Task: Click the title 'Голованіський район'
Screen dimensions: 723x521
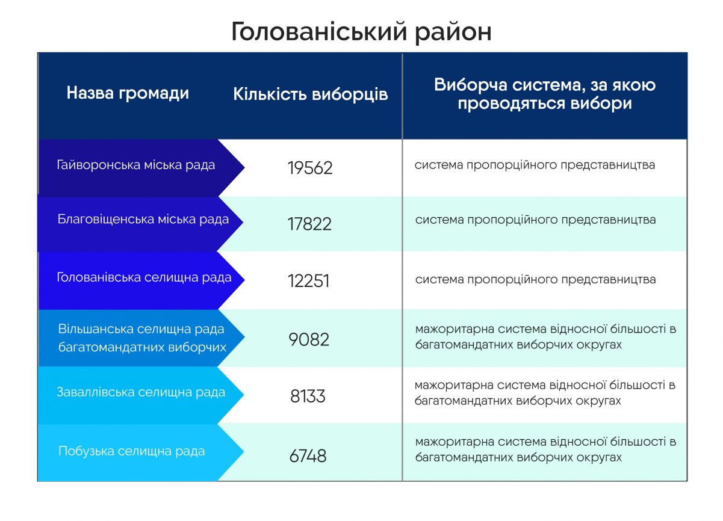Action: click(x=361, y=32)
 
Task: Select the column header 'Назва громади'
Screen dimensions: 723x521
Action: click(x=128, y=94)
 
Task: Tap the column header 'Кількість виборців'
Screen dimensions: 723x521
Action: click(x=310, y=94)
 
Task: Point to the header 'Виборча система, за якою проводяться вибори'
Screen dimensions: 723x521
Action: click(x=545, y=94)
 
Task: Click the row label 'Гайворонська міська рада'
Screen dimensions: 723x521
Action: click(x=136, y=165)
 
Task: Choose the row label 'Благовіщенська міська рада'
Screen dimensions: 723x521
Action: click(x=143, y=220)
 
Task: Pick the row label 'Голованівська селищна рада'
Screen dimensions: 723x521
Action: click(x=144, y=277)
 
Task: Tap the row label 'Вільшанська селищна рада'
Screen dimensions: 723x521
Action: click(x=141, y=329)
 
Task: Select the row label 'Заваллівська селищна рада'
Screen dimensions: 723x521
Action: click(x=141, y=392)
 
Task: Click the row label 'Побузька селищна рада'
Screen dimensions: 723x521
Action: click(x=131, y=451)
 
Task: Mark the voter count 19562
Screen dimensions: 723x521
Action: click(x=310, y=168)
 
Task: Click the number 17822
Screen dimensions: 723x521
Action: click(x=309, y=224)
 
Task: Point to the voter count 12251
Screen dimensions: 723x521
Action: click(x=308, y=281)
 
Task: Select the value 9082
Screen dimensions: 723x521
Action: click(x=309, y=339)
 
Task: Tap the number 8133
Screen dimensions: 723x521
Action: click(x=308, y=396)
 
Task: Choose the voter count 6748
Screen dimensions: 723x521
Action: click(x=308, y=456)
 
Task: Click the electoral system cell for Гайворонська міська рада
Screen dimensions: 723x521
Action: click(x=535, y=165)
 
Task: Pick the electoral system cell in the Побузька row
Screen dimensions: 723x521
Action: click(x=545, y=449)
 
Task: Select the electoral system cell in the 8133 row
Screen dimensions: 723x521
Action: click(x=545, y=393)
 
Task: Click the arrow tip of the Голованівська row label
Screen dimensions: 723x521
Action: click(x=244, y=280)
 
